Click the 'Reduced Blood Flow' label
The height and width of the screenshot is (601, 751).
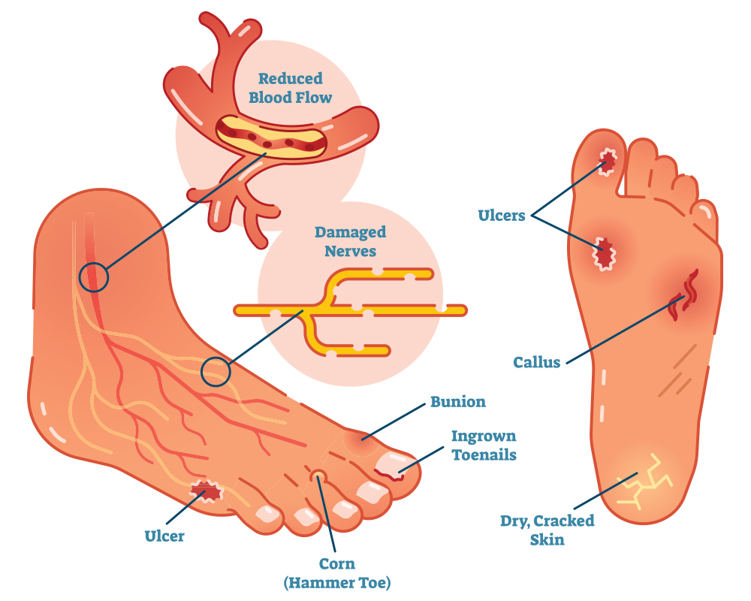pos(290,88)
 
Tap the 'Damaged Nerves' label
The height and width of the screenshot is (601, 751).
pos(350,241)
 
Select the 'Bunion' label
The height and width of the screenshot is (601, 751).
pos(458,401)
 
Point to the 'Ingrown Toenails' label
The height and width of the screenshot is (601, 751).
pos(484,445)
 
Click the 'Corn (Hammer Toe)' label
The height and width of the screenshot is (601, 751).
pos(337,573)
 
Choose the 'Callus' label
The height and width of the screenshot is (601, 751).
pos(536,362)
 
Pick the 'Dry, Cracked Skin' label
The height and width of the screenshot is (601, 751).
pos(547,530)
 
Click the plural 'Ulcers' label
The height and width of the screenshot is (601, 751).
pos(502,215)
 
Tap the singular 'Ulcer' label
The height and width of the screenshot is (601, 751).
pos(164,536)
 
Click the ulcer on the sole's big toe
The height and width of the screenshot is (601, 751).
pos(608,161)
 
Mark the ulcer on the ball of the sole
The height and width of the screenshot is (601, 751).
pos(604,253)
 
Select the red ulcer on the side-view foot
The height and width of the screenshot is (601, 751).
pos(206,491)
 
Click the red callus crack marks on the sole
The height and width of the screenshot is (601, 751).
pos(684,294)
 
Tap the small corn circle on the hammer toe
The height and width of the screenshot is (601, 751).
pos(318,476)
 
